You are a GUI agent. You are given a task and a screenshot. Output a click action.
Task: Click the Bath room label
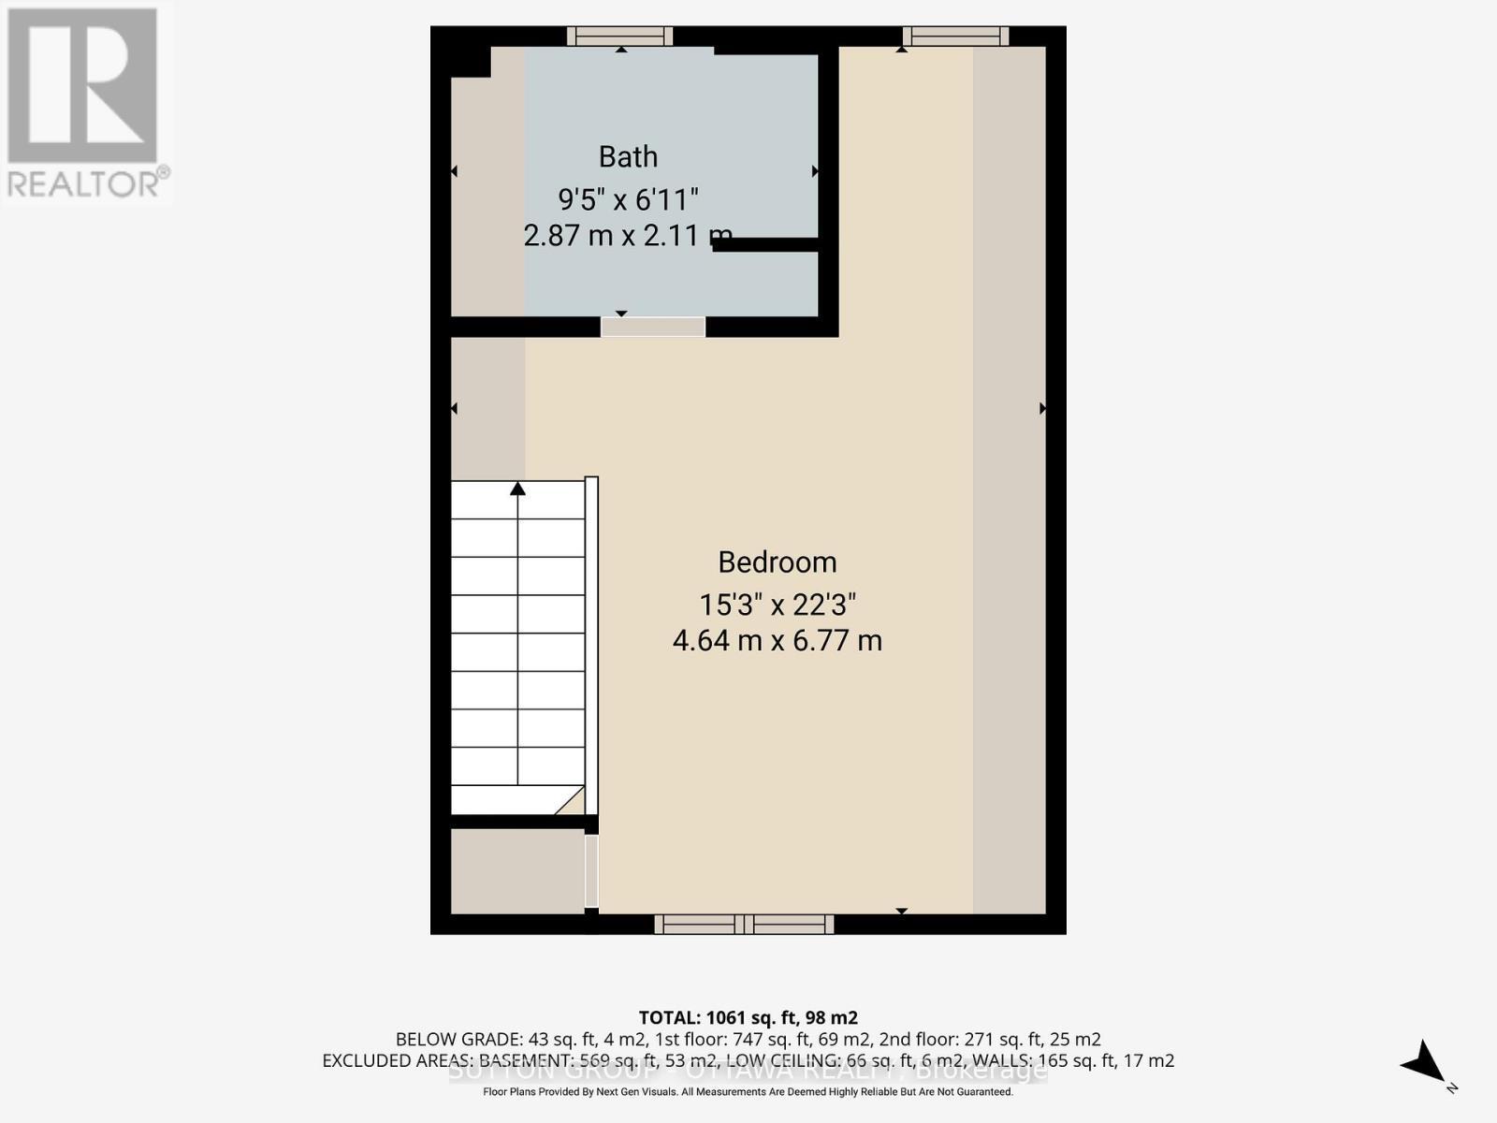tap(628, 156)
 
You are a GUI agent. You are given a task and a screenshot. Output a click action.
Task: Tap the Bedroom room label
tap(777, 561)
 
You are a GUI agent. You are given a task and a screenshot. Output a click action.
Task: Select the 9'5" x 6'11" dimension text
tap(628, 199)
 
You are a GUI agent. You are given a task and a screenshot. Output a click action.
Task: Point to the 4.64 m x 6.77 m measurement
tap(777, 641)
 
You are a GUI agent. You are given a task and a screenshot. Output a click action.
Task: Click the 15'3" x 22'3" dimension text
tap(777, 605)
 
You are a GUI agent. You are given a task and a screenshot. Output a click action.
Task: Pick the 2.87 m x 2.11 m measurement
tap(627, 235)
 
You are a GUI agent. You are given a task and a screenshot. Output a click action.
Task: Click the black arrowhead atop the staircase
tap(517, 488)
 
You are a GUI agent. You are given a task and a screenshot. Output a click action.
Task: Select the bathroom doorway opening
tap(652, 327)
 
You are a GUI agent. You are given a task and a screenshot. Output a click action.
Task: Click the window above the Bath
tap(619, 36)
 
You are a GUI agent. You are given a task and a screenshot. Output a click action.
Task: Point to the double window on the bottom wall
tap(744, 925)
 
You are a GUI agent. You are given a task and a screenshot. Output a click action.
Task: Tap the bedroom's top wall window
tap(955, 36)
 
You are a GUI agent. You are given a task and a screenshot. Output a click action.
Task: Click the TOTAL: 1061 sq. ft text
tap(748, 1017)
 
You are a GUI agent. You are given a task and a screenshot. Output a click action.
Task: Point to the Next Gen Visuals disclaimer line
tap(748, 1092)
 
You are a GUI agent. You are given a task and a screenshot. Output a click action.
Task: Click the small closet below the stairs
tap(517, 871)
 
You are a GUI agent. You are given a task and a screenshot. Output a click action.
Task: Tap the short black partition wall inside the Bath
tap(766, 245)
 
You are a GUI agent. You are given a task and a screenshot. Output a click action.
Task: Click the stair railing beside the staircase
tap(591, 646)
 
